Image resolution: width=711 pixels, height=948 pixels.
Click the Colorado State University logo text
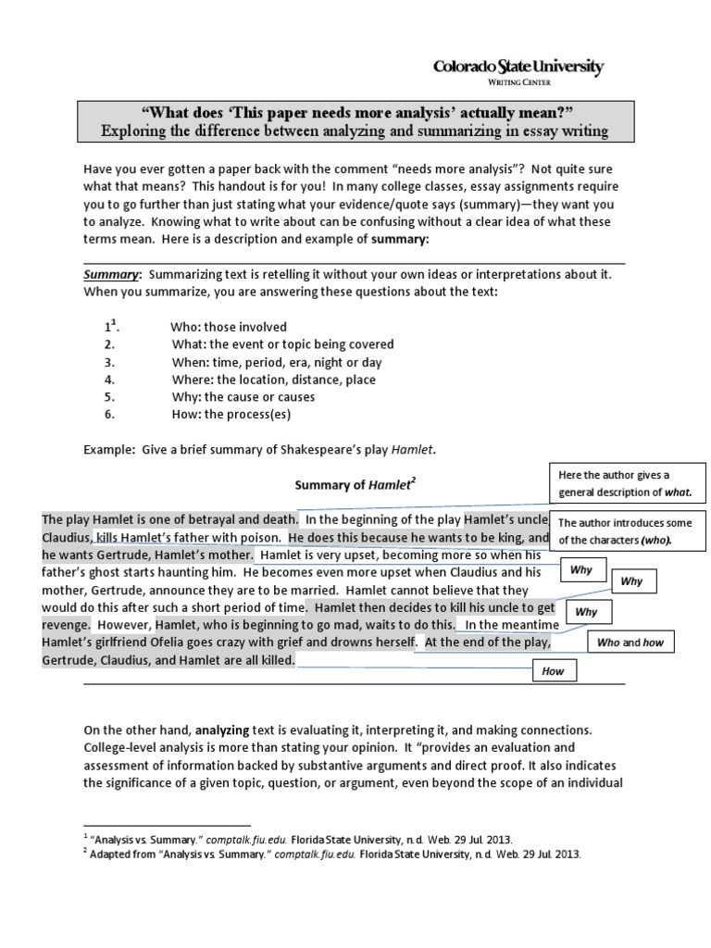click(518, 67)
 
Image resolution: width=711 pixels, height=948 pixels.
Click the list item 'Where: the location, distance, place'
click(273, 380)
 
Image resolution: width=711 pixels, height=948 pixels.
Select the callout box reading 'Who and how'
click(630, 642)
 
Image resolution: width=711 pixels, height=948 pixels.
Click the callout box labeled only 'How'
click(553, 671)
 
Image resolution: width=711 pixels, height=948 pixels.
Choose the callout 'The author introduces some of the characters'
click(628, 530)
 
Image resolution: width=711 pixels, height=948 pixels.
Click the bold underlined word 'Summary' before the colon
click(111, 275)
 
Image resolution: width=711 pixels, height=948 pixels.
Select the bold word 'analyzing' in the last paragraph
click(222, 730)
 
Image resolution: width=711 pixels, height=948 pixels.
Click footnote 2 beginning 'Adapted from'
click(335, 854)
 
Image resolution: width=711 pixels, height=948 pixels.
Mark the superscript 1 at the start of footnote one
click(85, 835)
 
